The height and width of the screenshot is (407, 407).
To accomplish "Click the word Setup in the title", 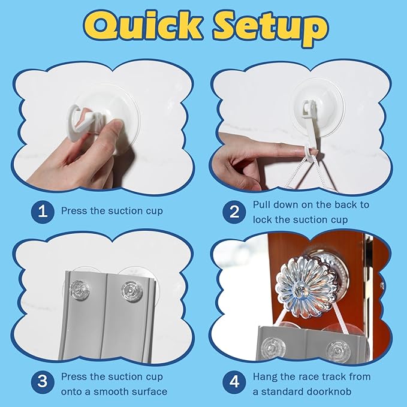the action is tap(270, 29).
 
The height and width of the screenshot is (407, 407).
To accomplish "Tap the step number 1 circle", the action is tap(43, 211).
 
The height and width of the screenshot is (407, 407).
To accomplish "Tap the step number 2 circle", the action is tap(234, 212).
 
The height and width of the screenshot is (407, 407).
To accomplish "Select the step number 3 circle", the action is tap(43, 382).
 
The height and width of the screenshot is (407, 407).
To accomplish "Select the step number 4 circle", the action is tap(234, 382).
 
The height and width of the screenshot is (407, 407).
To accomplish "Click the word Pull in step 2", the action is tap(262, 205).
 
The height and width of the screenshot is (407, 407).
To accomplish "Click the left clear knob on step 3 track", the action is tap(78, 289).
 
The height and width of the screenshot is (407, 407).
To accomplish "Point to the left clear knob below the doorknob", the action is tap(273, 348).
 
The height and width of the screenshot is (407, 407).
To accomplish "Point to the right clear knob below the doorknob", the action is tap(339, 351).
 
